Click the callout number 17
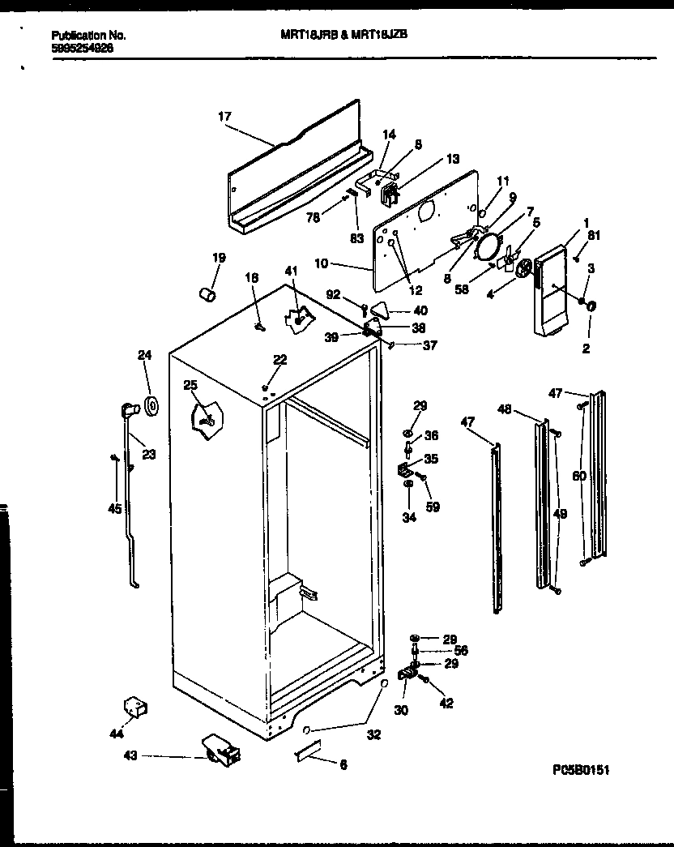(224, 117)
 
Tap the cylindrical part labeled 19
(208, 292)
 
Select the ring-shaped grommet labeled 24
(151, 404)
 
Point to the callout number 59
(433, 508)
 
